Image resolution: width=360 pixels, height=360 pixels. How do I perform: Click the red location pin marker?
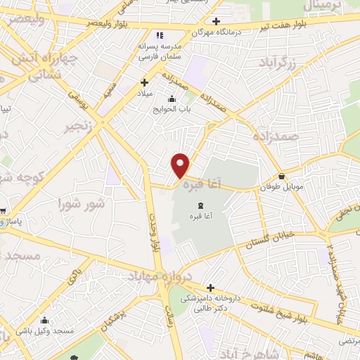click(181, 166)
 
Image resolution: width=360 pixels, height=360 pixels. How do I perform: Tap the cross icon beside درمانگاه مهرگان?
click(217, 21)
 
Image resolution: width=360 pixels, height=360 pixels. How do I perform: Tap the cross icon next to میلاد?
click(144, 82)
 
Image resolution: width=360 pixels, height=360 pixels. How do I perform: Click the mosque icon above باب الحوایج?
click(172, 98)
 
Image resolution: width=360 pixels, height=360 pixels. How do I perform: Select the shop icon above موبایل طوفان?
click(281, 176)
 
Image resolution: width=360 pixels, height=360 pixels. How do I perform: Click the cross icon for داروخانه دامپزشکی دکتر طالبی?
click(210, 287)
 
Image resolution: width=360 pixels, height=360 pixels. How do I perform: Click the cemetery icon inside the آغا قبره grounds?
click(193, 205)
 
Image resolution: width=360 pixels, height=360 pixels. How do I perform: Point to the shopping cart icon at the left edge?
click(3, 210)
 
